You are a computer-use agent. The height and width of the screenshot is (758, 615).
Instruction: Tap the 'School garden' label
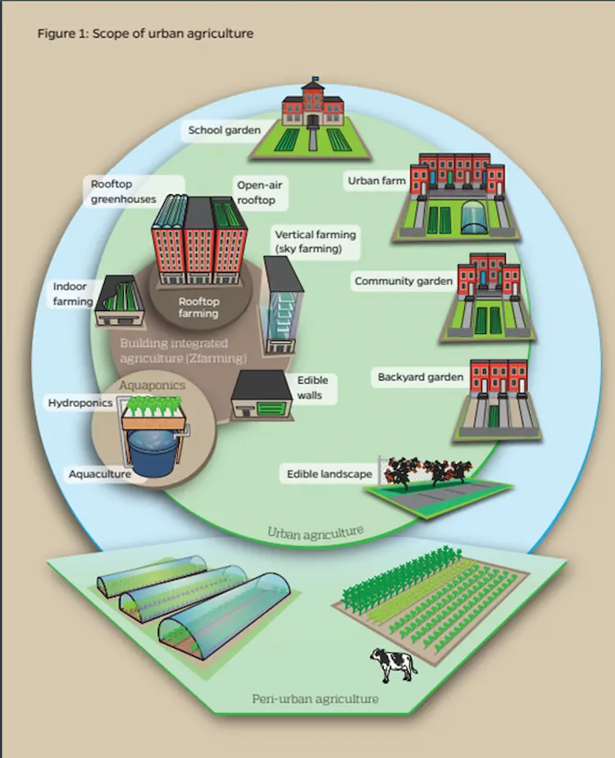224,130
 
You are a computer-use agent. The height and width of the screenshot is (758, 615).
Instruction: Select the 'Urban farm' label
376,180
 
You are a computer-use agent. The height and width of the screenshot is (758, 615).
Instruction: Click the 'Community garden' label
403,281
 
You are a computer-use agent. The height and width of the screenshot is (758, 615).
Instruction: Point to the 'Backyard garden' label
421,377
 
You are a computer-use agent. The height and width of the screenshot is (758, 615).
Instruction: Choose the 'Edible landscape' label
329,473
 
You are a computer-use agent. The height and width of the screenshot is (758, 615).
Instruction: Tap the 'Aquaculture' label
100,473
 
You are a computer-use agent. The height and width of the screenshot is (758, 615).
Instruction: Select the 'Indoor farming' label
73,295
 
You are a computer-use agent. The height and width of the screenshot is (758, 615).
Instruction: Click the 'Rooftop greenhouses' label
123,191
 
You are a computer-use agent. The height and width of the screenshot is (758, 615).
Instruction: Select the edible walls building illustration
261,398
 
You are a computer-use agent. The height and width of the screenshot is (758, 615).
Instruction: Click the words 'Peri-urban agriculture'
315,699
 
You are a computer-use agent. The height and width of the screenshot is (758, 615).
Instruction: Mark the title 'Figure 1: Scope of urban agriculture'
145,34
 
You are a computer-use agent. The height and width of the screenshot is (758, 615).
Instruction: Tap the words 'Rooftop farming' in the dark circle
198,307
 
